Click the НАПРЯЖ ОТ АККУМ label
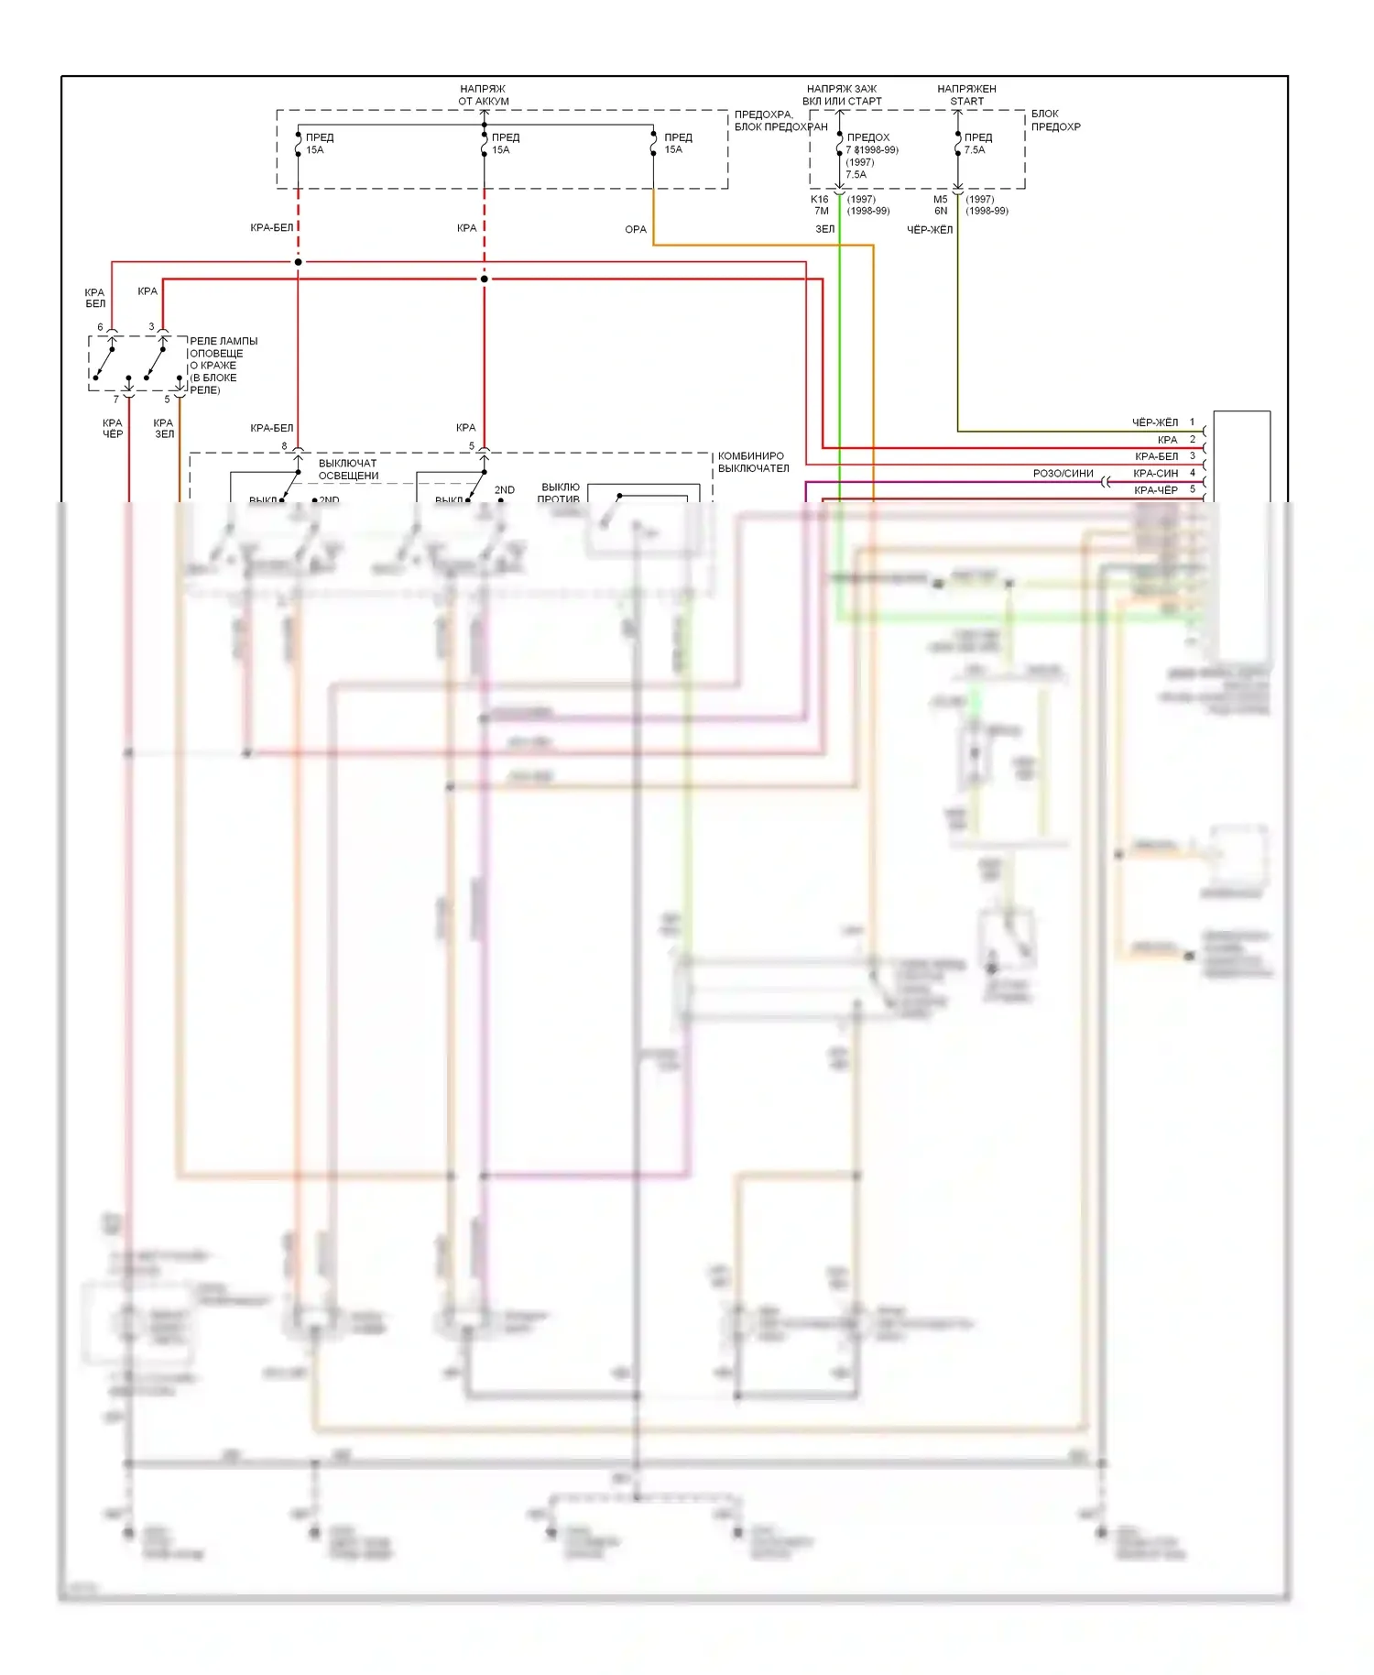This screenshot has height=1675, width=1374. pyautogui.click(x=484, y=95)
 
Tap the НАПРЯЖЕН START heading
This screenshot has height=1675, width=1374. pyautogui.click(x=966, y=95)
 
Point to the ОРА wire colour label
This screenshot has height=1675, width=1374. pyautogui.click(x=636, y=229)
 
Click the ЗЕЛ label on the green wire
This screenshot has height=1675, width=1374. pyautogui.click(x=825, y=229)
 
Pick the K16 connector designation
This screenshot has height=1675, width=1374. pyautogui.click(x=819, y=199)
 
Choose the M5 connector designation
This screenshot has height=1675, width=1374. pyautogui.click(x=941, y=199)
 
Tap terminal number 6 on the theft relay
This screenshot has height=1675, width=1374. pyautogui.click(x=101, y=327)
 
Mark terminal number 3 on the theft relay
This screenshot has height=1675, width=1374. pyautogui.click(x=152, y=327)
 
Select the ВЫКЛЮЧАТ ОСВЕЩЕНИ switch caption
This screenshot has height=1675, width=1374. pyautogui.click(x=348, y=469)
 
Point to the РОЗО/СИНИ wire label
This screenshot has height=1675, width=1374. pyautogui.click(x=1063, y=474)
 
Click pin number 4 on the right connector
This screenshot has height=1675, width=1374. pyautogui.click(x=1192, y=473)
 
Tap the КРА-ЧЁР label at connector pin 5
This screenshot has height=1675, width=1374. pyautogui.click(x=1156, y=490)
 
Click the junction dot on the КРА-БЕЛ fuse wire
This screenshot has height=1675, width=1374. pyautogui.click(x=299, y=262)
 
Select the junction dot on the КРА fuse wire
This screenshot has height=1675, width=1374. pyautogui.click(x=485, y=279)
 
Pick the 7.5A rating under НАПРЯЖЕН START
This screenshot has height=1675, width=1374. pyautogui.click(x=975, y=149)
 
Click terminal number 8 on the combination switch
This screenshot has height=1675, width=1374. pyautogui.click(x=284, y=446)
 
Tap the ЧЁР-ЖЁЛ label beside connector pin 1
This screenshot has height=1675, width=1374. pyautogui.click(x=1154, y=422)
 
